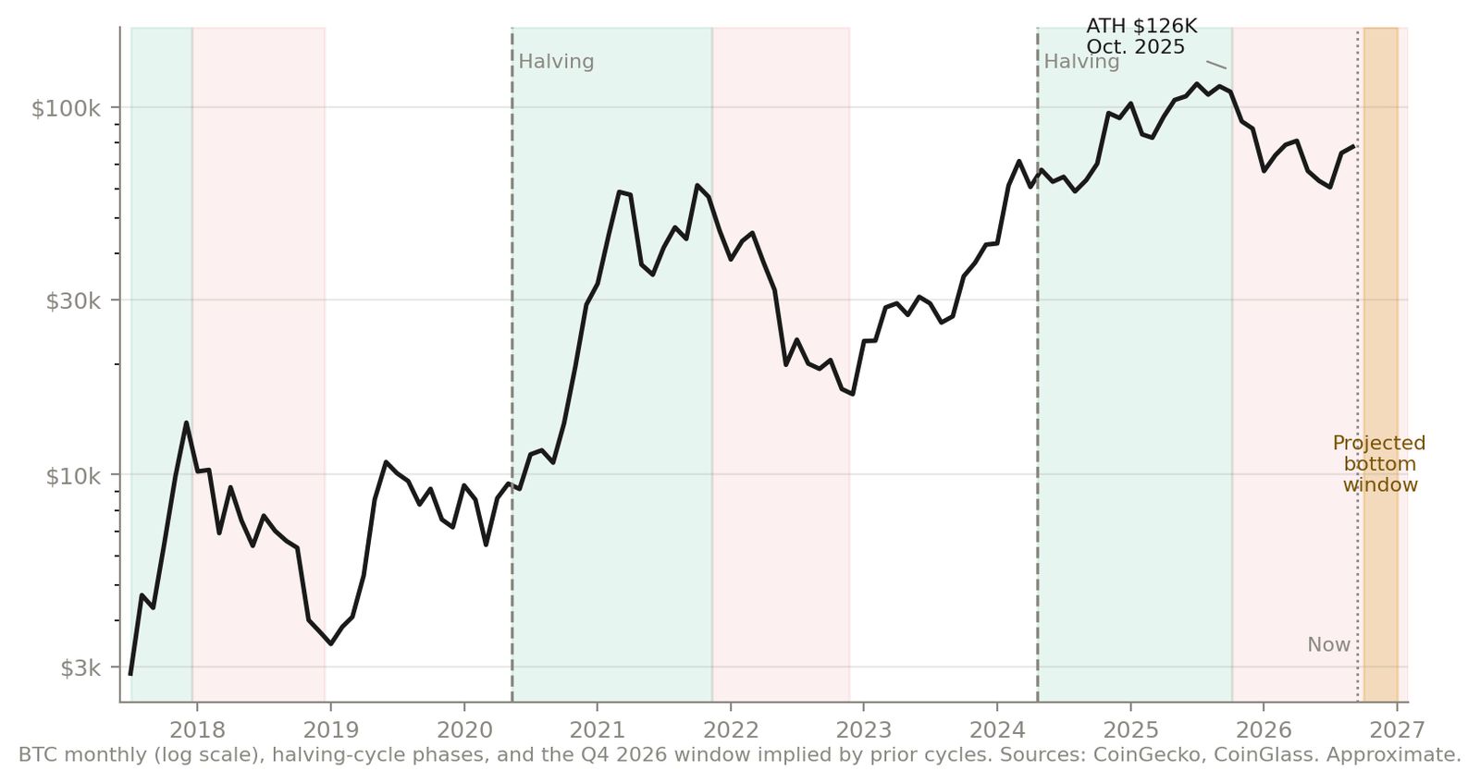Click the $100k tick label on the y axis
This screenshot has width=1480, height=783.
66,108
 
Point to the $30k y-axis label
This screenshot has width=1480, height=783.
73,301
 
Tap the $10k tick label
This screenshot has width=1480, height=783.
73,475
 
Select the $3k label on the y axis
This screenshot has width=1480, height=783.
80,668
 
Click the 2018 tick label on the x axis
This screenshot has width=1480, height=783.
197,730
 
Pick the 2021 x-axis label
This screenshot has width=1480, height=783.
598,730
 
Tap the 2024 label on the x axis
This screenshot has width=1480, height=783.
997,730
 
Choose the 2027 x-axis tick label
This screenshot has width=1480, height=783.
1397,730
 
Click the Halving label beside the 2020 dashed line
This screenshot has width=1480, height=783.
556,62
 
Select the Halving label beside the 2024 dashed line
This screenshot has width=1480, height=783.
1081,62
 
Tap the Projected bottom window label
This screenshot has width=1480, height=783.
1379,464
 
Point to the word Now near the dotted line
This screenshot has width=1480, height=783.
1328,645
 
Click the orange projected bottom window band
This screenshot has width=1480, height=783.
1381,364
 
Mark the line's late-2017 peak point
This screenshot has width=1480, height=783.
186,422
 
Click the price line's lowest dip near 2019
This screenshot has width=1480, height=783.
330,643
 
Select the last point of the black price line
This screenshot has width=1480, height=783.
1353,147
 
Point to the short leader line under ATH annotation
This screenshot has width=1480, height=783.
1216,65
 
